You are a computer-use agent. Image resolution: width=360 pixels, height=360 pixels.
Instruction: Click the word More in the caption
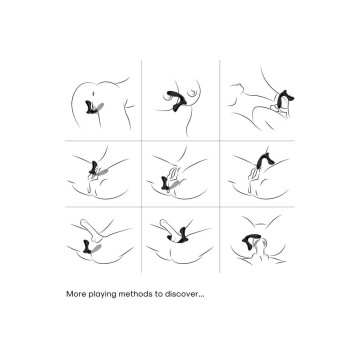pyautogui.click(x=74, y=294)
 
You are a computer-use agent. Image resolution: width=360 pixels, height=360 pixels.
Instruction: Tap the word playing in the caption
pyautogui.click(x=97, y=295)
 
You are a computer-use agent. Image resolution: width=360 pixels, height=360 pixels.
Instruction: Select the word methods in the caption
pyautogui.click(x=126, y=294)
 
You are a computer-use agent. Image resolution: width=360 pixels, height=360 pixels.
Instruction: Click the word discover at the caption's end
pyautogui.click(x=178, y=294)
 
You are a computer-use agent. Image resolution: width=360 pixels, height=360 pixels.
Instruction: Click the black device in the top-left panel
pyautogui.click(x=90, y=107)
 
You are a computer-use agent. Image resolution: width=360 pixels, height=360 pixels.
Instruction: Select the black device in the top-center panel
pyautogui.click(x=177, y=100)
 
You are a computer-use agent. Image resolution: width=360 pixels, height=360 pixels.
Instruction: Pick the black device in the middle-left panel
pyautogui.click(x=94, y=168)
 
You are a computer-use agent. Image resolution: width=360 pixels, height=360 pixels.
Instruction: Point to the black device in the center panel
pyautogui.click(x=167, y=183)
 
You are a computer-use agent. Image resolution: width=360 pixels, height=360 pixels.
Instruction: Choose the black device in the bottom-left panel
pyautogui.click(x=88, y=246)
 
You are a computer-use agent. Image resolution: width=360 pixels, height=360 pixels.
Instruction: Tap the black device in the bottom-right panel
pyautogui.click(x=251, y=238)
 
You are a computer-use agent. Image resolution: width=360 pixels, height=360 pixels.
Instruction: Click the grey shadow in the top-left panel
pyautogui.click(x=99, y=107)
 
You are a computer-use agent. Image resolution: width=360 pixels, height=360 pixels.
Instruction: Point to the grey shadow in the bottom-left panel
pyautogui.click(x=97, y=249)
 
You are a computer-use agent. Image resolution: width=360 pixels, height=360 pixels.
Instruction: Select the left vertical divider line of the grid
pyautogui.click(x=142, y=167)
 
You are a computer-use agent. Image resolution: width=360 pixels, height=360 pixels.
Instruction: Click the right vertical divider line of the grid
pyautogui.click(x=220, y=167)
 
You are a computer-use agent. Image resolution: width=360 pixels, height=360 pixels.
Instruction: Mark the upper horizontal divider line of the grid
pyautogui.click(x=180, y=141)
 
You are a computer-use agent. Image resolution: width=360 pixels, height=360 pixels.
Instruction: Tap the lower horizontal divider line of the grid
pyautogui.click(x=180, y=207)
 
